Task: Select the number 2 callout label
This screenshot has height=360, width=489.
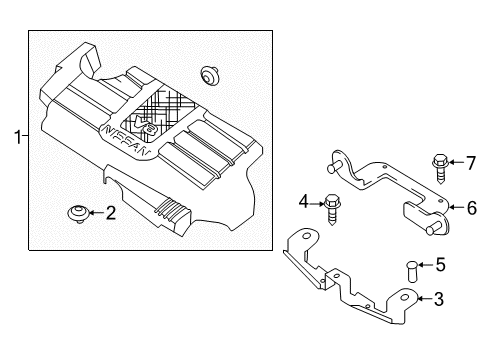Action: (x=112, y=212)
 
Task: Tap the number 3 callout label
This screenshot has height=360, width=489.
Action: (x=437, y=298)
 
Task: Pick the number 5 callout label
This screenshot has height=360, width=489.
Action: (x=441, y=265)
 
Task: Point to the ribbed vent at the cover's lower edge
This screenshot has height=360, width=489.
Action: (x=173, y=213)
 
